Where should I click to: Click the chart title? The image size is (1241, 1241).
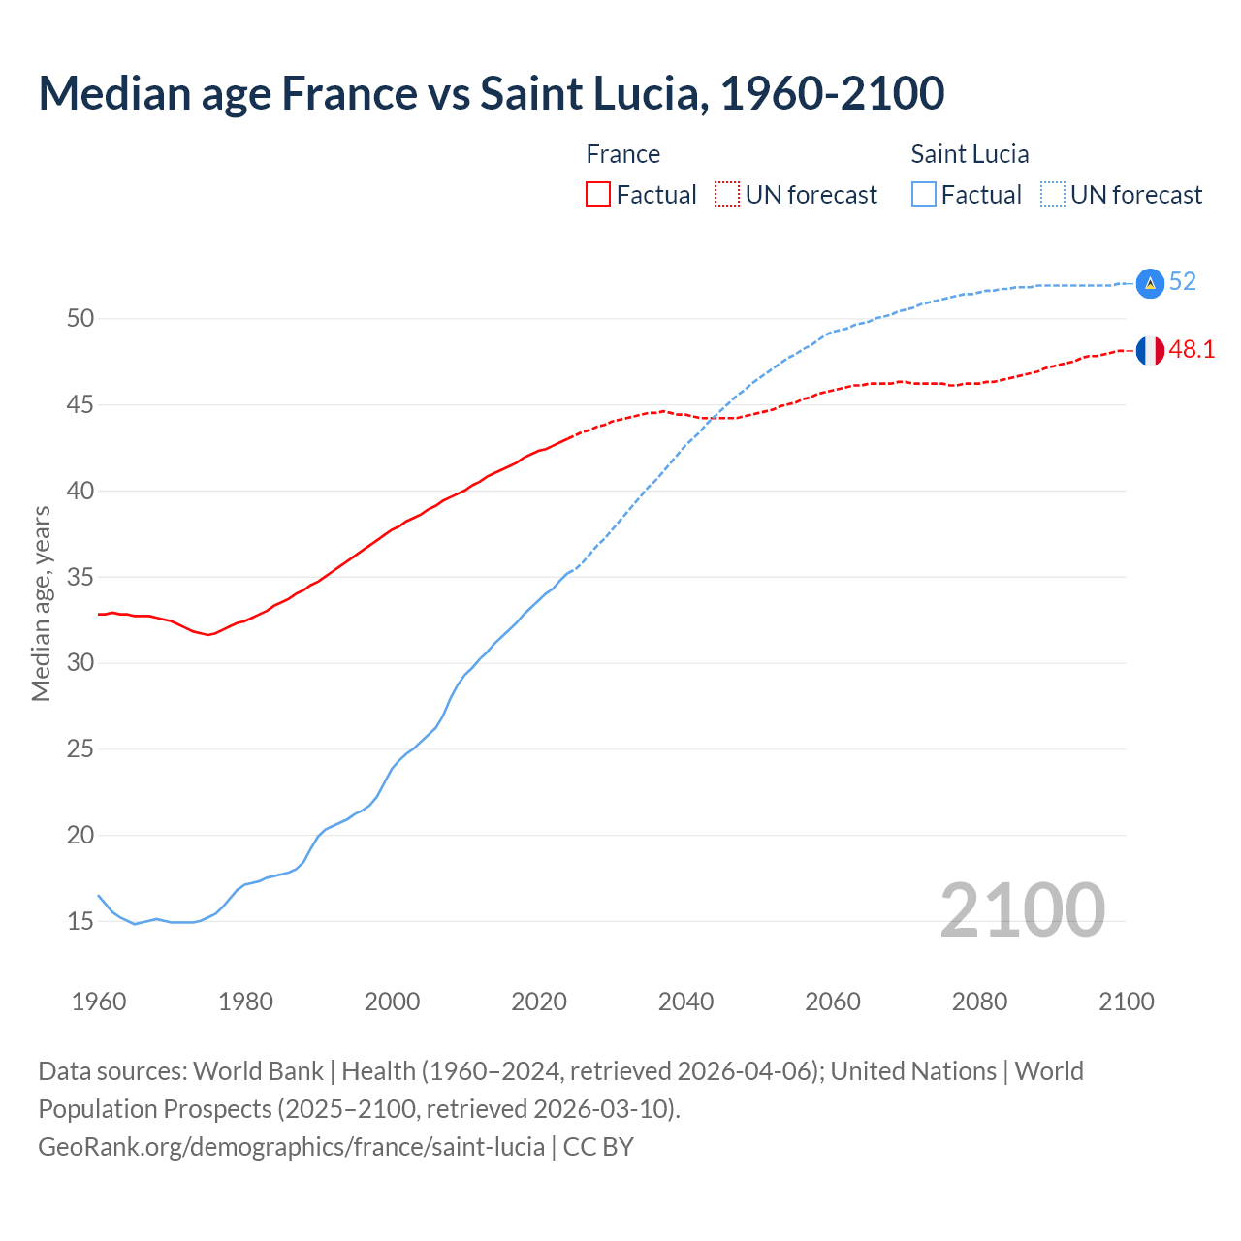tap(491, 93)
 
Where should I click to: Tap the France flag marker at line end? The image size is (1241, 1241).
tap(1150, 351)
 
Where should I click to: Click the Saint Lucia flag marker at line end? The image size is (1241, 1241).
tap(1150, 282)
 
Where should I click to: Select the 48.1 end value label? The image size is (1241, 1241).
tap(1192, 350)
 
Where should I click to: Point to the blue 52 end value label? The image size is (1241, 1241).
tap(1182, 281)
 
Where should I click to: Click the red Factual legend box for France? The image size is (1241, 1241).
tap(598, 195)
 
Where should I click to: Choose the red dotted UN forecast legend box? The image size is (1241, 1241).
tap(727, 195)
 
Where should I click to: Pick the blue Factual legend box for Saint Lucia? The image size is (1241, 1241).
tap(924, 195)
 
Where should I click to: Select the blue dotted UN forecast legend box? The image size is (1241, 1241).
tap(1053, 195)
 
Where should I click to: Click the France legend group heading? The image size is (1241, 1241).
tap(622, 154)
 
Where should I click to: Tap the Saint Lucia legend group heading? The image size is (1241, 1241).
tap(970, 154)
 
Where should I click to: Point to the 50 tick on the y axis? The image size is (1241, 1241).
tap(80, 319)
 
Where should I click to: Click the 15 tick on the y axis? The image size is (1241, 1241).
tap(80, 921)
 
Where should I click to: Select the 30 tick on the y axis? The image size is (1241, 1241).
tap(80, 663)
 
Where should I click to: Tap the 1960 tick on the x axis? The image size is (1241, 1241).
tap(99, 1002)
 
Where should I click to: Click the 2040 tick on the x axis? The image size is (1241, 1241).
tap(685, 1002)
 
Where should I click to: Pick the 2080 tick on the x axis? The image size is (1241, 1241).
tap(979, 1002)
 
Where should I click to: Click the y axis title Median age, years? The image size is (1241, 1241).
tap(41, 603)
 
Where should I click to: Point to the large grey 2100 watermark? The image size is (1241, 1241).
tap(1022, 909)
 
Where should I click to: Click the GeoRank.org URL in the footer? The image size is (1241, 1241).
tap(291, 1147)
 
